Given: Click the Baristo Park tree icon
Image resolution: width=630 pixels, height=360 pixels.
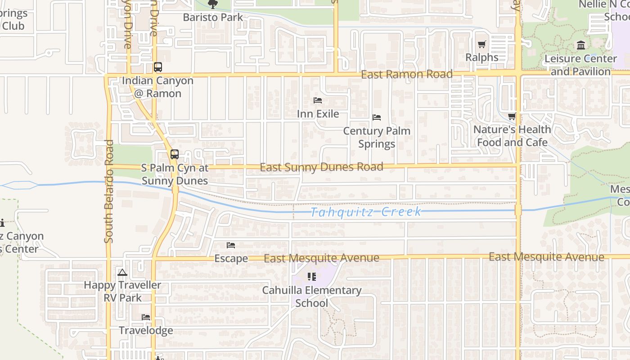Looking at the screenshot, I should click(212, 4).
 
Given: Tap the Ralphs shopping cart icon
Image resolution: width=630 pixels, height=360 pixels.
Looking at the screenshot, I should click(482, 45).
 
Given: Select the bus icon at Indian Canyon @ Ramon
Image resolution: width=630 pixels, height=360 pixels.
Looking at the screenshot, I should click(157, 67).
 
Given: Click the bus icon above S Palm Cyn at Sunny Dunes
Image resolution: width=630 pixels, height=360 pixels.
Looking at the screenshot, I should click(175, 154).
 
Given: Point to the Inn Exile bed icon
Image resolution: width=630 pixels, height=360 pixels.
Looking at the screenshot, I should click(318, 100).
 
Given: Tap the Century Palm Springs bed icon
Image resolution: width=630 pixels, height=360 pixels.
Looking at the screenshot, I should click(377, 117).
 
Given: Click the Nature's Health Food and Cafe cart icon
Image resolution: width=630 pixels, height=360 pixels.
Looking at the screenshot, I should click(512, 117).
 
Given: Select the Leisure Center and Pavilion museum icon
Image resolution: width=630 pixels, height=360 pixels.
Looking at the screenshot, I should click(580, 45).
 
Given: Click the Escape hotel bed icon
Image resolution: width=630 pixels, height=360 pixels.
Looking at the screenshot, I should click(231, 245).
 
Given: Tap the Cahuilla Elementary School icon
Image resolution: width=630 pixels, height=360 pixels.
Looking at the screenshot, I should click(311, 277).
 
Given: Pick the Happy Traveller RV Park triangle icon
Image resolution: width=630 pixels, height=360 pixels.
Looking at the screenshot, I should click(122, 272).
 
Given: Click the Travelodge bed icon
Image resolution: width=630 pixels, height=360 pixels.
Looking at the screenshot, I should click(146, 317).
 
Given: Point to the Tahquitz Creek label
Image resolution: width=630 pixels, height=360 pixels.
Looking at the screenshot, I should click(366, 212).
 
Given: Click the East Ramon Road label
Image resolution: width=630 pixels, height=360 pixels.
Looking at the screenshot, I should click(407, 74).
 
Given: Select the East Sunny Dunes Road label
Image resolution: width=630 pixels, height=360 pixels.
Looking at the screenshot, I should click(321, 167).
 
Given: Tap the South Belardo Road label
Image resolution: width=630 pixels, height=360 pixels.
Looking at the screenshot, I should click(109, 191).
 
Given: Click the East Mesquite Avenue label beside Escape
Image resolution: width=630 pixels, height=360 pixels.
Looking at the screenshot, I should click(321, 258).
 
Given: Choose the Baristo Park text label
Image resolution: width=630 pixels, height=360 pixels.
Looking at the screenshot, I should click(213, 18).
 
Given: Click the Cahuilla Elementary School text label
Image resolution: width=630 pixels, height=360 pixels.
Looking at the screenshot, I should click(312, 297).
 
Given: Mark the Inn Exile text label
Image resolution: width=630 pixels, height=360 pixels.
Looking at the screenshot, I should click(318, 114).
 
